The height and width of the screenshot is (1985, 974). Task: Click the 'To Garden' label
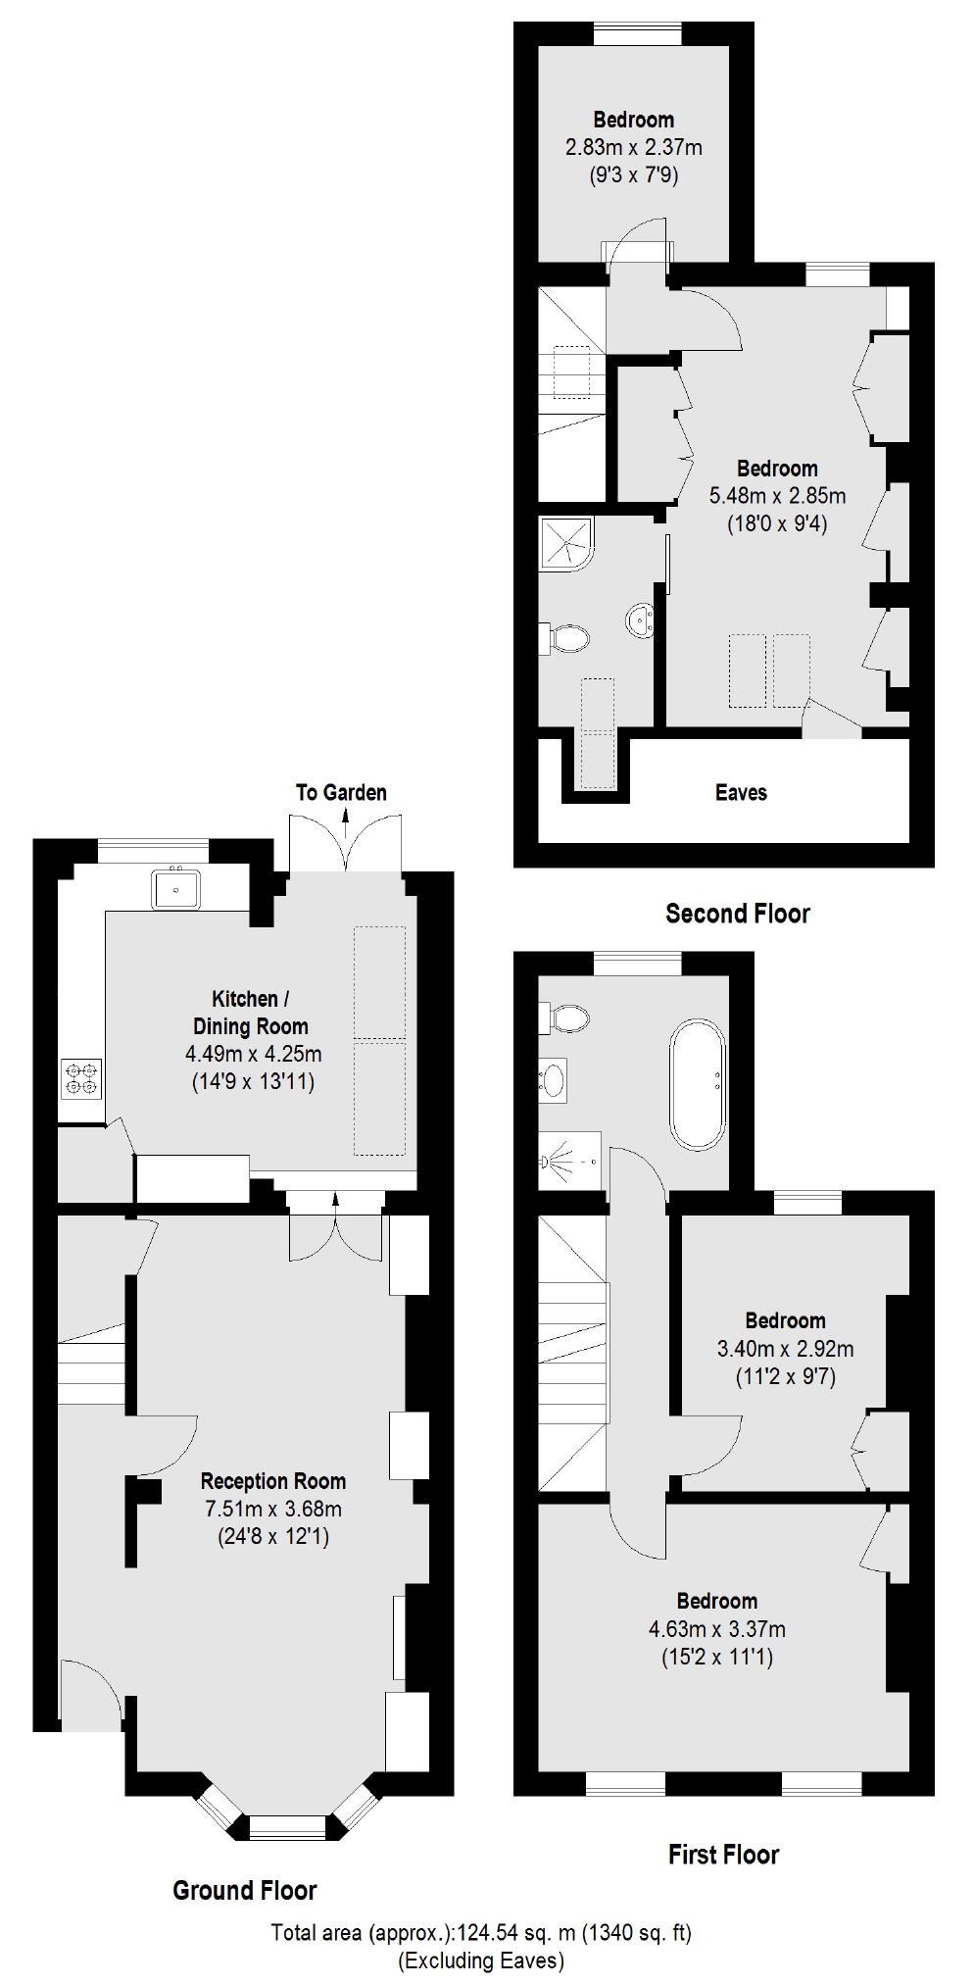coord(341,792)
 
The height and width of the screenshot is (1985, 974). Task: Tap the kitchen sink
coord(176,889)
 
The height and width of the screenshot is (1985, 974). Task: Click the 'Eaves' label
coord(741,792)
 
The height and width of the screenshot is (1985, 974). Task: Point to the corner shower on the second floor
coord(565,543)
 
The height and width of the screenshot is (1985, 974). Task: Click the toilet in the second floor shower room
coord(566,639)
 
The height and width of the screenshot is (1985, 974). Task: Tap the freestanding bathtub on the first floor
coord(698,1084)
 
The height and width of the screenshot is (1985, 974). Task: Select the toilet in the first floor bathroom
coord(564,1018)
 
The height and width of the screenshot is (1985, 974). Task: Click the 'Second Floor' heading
coord(738,914)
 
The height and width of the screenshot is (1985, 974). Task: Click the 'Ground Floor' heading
coord(245,1891)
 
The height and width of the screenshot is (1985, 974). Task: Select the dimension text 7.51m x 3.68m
coord(272,1509)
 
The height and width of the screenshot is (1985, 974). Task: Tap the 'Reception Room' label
coord(273,1481)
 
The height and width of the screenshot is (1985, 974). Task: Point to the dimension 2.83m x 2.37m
coord(634,148)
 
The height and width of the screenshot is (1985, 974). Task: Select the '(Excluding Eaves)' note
coord(481,1960)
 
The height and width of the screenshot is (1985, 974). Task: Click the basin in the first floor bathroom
coord(554,1080)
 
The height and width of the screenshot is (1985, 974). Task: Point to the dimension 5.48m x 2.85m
coord(778,496)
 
